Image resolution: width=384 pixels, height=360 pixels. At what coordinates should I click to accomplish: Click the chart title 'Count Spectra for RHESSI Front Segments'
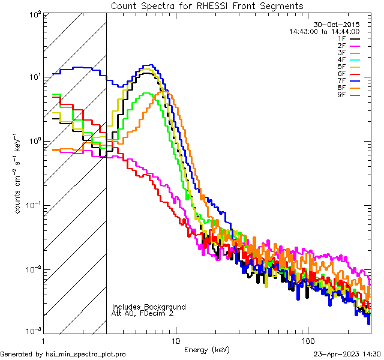tap(206, 5)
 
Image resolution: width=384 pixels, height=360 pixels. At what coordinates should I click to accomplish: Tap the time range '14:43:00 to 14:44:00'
tap(324, 32)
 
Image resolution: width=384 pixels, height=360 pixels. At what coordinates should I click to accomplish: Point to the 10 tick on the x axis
tap(175, 340)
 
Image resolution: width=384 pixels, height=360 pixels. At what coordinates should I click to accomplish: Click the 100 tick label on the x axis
tap(307, 340)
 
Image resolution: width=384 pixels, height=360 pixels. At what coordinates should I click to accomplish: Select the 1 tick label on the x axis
tap(43, 340)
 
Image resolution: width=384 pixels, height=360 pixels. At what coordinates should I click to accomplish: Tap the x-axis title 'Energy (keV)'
tap(206, 349)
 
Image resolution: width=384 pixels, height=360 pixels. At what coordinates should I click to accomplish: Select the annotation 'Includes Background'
tap(149, 307)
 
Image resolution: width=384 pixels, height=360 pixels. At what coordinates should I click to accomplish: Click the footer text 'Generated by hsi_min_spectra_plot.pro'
tap(63, 355)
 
